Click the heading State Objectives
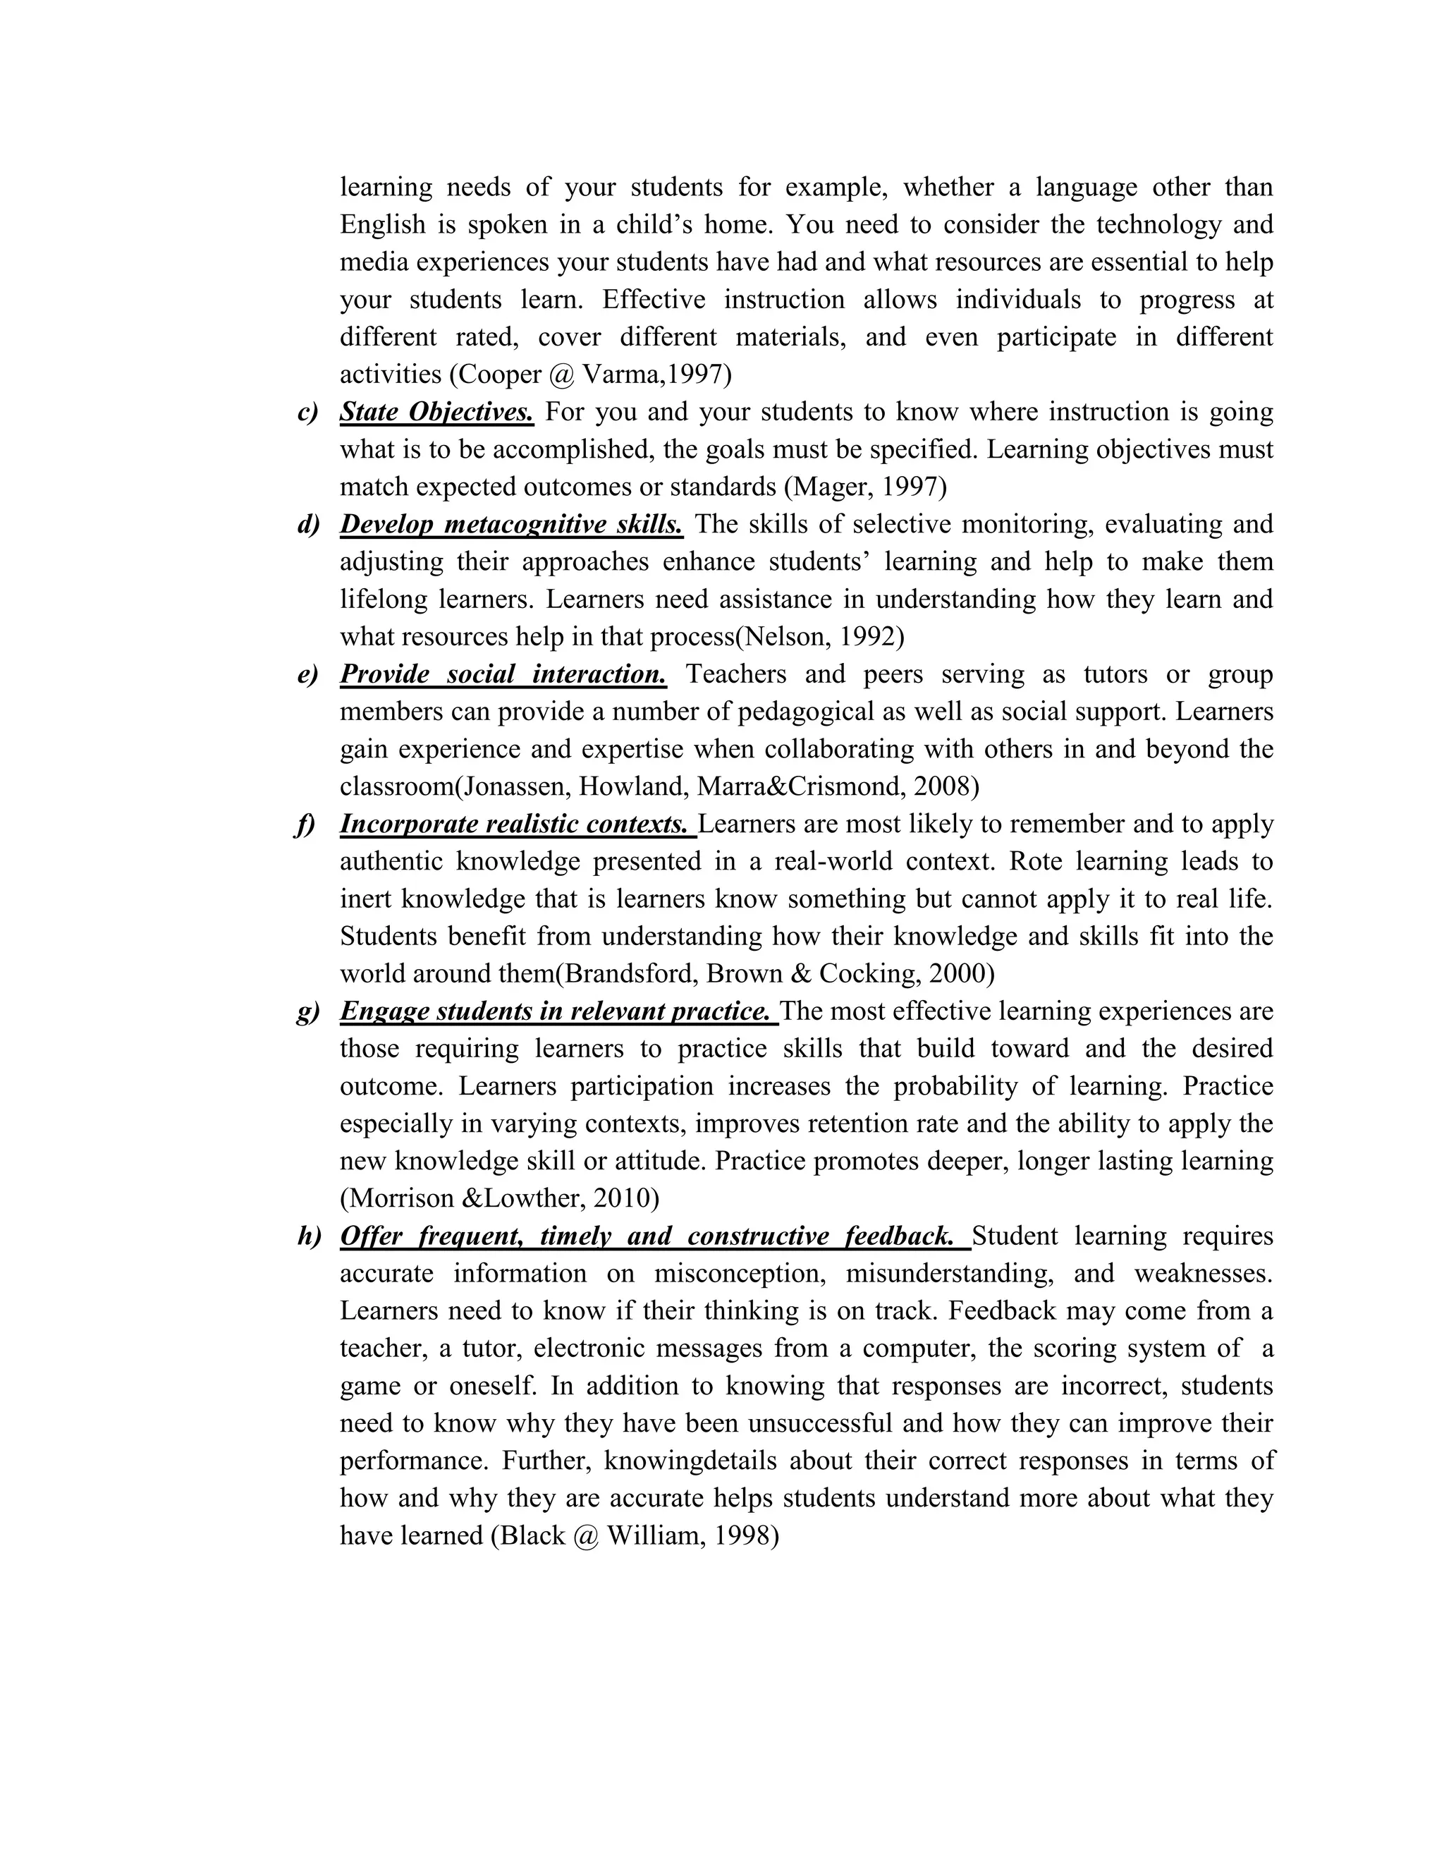point(436,413)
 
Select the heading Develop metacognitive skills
point(510,525)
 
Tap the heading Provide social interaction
point(503,674)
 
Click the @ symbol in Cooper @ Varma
point(562,375)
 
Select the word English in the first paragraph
point(382,225)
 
